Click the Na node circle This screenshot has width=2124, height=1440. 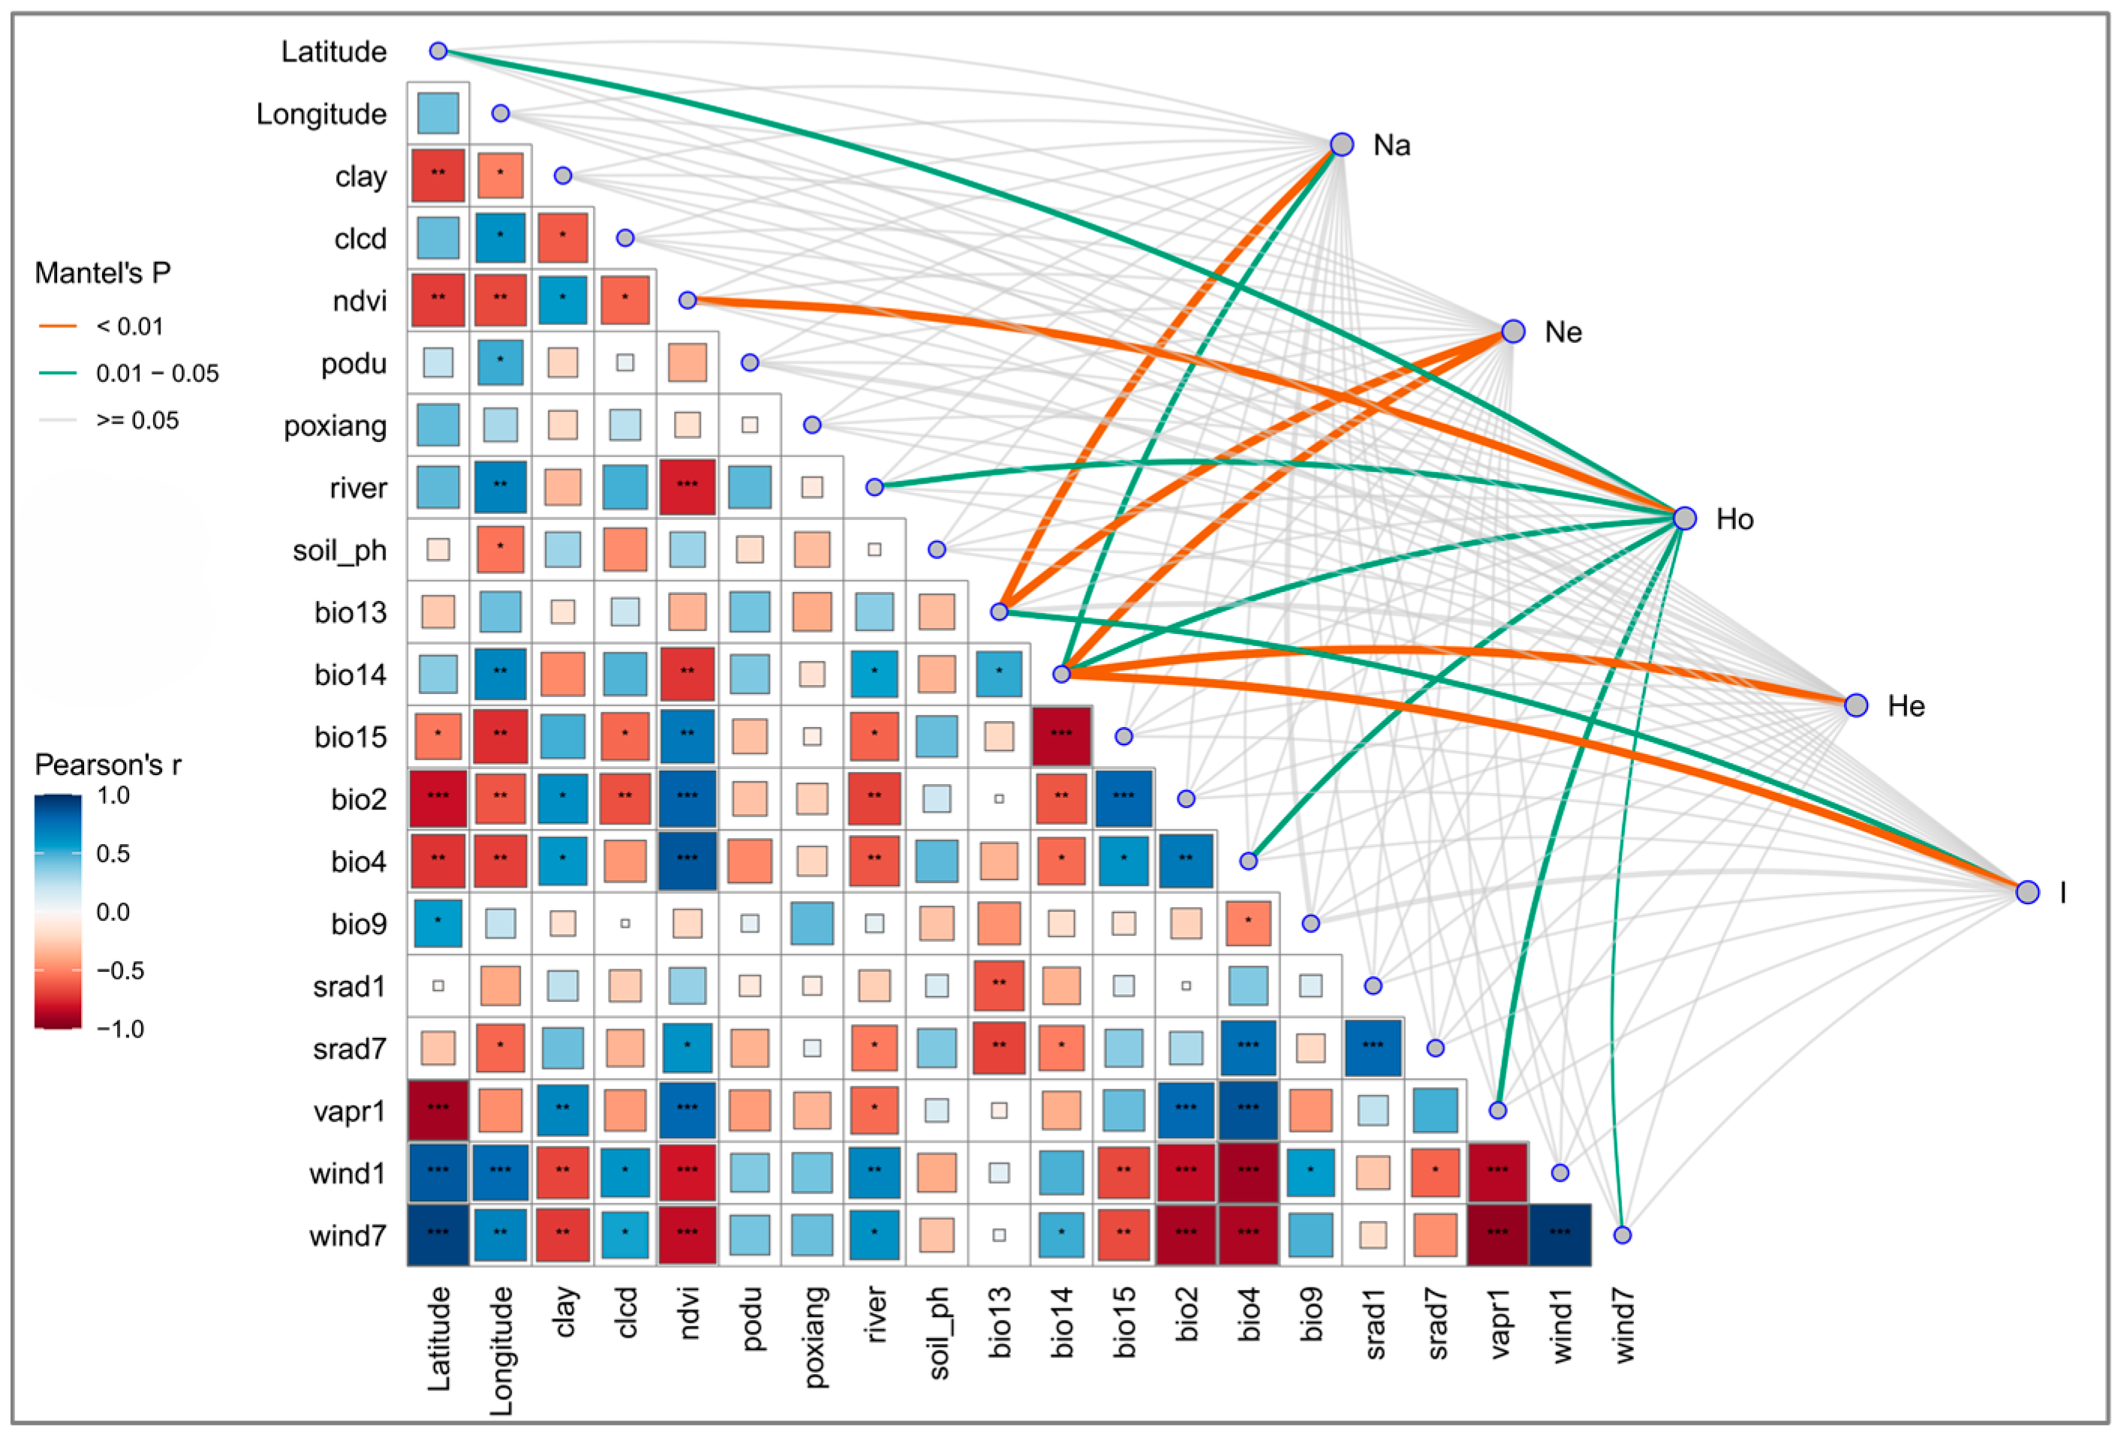click(x=1340, y=144)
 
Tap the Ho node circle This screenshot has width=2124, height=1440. click(x=1684, y=518)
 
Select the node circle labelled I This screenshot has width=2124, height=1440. click(x=2027, y=891)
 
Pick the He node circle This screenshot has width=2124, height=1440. click(x=1855, y=705)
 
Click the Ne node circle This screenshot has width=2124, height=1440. click(x=1512, y=331)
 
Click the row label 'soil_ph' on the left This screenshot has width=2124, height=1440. click(x=339, y=550)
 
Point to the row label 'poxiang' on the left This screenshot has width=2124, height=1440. click(x=335, y=425)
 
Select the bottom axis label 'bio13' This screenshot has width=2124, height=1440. click(x=1000, y=1321)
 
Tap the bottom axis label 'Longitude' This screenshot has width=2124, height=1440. click(x=501, y=1351)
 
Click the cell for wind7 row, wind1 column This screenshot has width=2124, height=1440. click(x=1559, y=1234)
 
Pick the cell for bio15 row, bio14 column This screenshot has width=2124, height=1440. click(x=1061, y=736)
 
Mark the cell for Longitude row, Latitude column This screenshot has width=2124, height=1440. click(x=438, y=113)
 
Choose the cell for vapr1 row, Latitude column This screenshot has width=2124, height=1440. click(x=438, y=1110)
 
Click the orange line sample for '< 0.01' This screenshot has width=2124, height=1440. click(x=58, y=326)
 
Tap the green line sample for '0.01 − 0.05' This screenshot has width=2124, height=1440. click(x=58, y=373)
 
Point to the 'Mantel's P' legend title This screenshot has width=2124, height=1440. click(x=102, y=273)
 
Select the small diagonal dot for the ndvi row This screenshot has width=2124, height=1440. click(x=687, y=299)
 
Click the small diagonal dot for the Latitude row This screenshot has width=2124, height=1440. click(x=438, y=50)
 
